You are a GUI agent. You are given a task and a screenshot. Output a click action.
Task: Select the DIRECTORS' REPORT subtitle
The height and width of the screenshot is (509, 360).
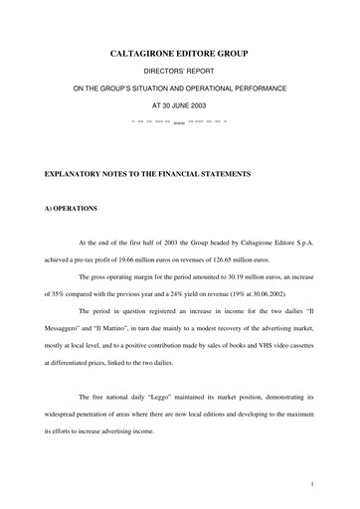click(x=180, y=72)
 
